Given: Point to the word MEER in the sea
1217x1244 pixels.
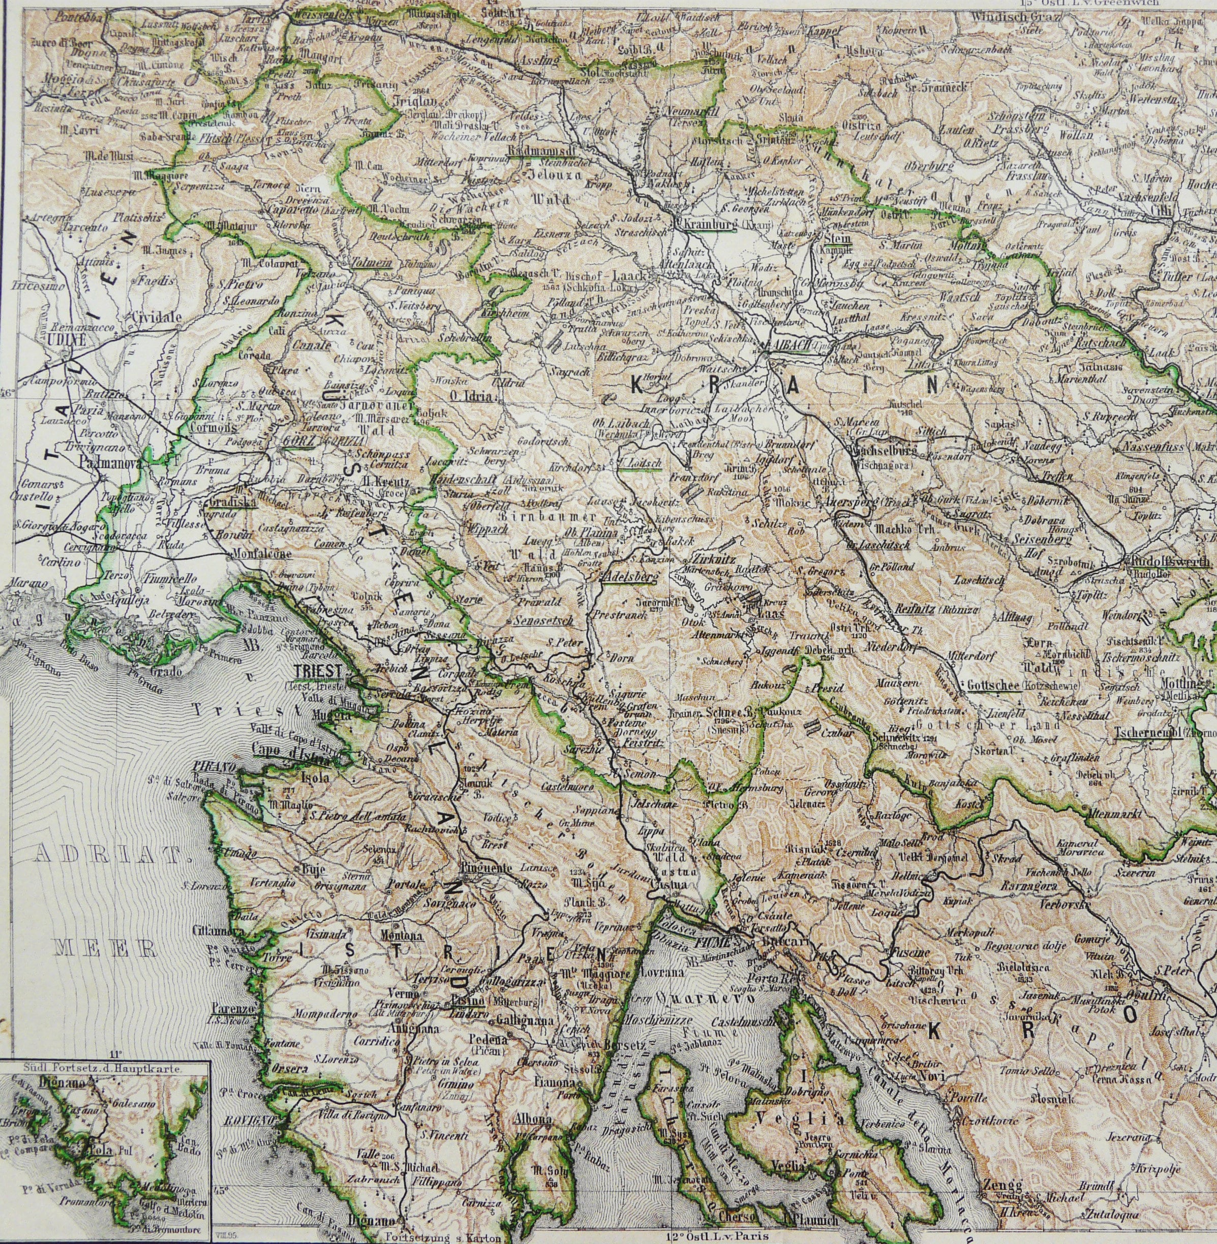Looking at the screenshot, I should point(105,948).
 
